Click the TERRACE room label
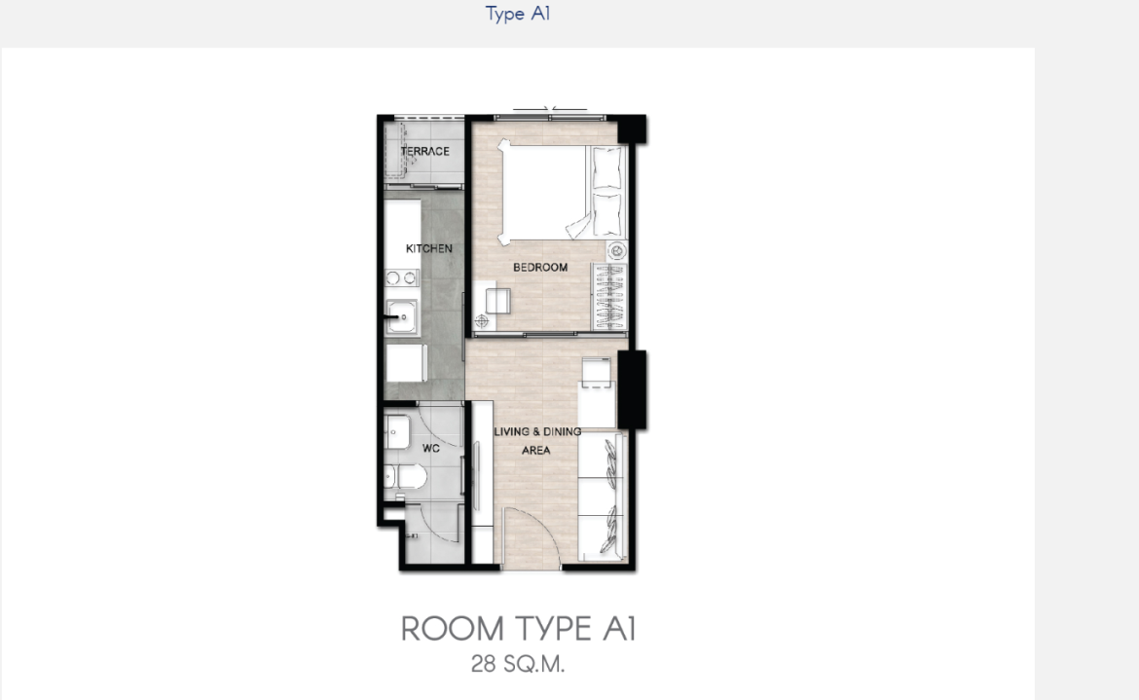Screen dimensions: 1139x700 point(425,151)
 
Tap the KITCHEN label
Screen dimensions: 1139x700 point(428,248)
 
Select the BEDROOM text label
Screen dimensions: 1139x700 point(540,267)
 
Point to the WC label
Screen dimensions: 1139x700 point(430,449)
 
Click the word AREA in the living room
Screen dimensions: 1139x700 point(536,450)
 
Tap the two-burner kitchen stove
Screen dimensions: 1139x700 point(402,277)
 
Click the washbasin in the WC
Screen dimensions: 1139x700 point(396,432)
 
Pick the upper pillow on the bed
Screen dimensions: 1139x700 point(607,167)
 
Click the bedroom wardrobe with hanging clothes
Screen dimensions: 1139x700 point(609,296)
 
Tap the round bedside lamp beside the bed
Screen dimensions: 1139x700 point(617,251)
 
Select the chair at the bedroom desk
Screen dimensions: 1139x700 point(497,301)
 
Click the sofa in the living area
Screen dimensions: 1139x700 point(603,497)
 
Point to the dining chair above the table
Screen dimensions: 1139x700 point(596,370)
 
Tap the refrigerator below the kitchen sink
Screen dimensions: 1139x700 point(405,362)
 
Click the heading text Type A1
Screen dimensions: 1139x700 point(518,14)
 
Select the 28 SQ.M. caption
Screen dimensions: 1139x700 point(518,664)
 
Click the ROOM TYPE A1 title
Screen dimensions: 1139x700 point(519,629)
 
